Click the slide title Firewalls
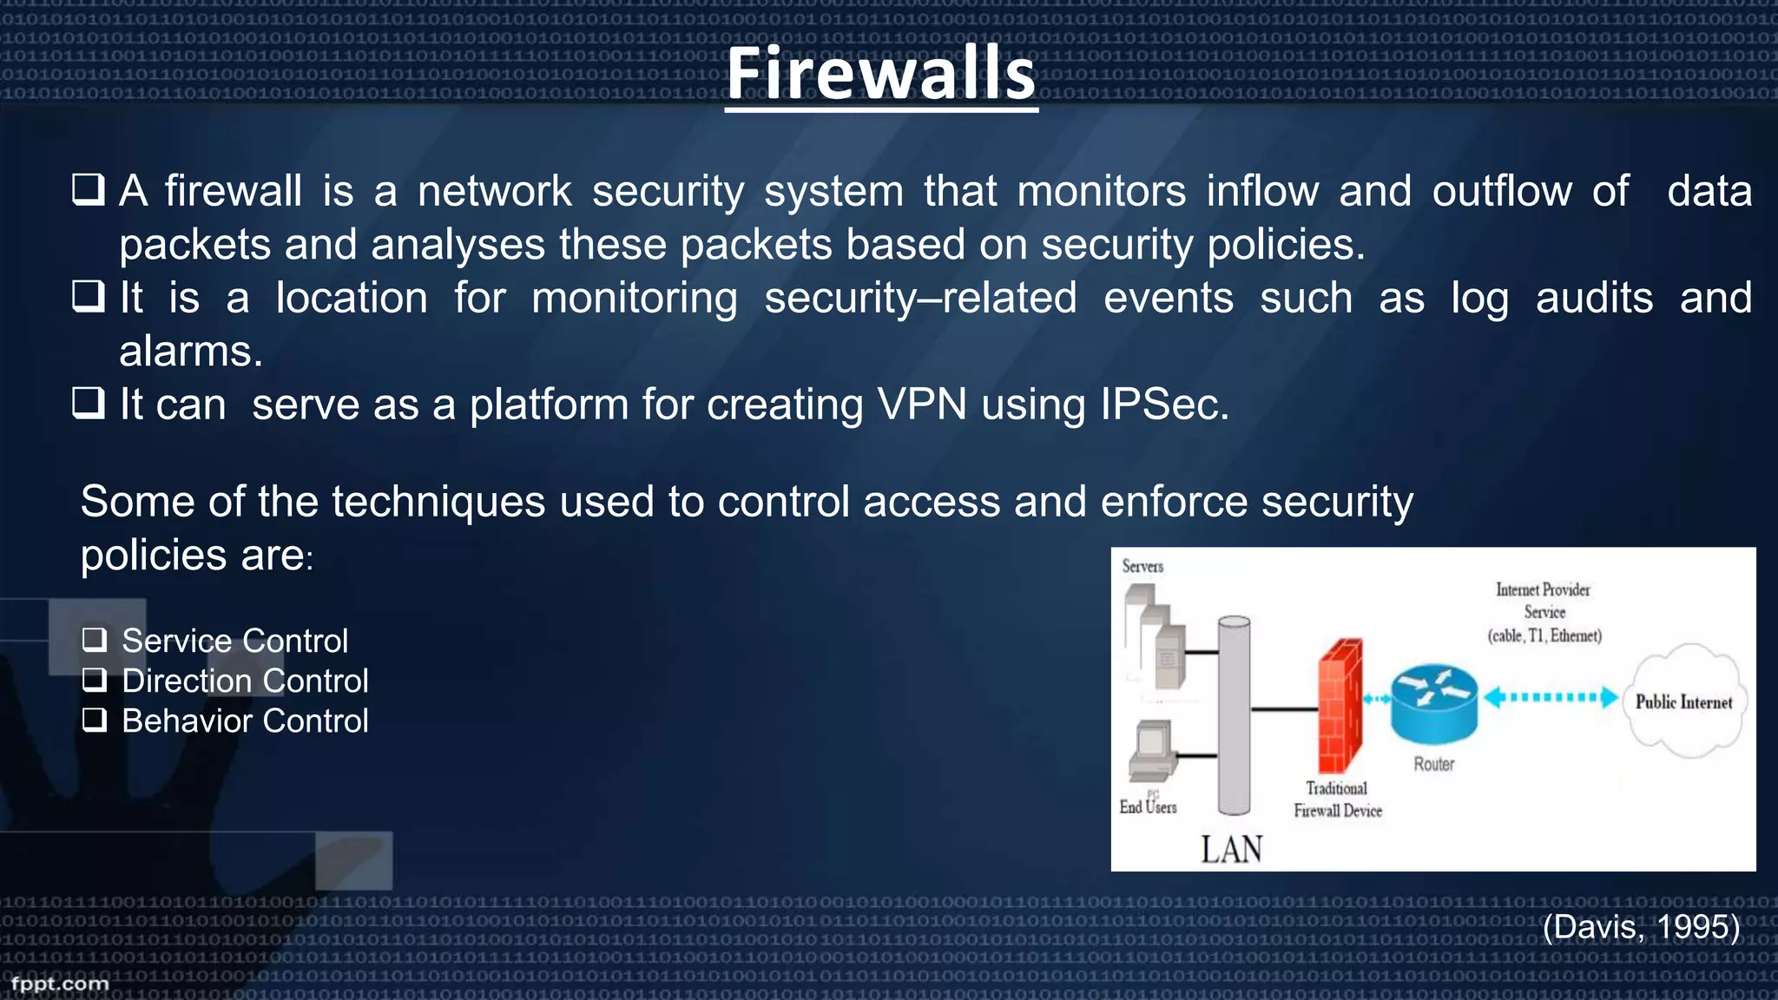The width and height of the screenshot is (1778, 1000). click(881, 74)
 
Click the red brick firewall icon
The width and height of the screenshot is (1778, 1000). click(1340, 706)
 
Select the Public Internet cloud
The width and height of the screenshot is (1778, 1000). click(1684, 701)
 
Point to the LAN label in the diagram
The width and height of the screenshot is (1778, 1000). click(1231, 849)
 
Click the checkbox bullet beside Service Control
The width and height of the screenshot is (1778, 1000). click(95, 641)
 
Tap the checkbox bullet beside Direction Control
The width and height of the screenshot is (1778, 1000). click(95, 681)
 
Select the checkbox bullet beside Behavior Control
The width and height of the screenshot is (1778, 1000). click(95, 720)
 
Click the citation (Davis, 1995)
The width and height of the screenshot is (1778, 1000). click(1641, 927)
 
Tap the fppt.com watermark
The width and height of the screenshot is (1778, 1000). click(60, 984)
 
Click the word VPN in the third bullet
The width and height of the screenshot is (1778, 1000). click(921, 405)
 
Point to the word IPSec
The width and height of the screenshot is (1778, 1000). click(1163, 405)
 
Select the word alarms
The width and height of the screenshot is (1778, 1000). click(190, 352)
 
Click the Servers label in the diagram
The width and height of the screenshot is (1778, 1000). click(1143, 567)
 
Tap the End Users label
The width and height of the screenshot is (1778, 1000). click(1148, 807)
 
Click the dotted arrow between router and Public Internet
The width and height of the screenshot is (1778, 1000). click(1551, 697)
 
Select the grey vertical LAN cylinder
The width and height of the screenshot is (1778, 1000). click(1234, 715)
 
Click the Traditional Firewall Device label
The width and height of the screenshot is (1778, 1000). click(1337, 799)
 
